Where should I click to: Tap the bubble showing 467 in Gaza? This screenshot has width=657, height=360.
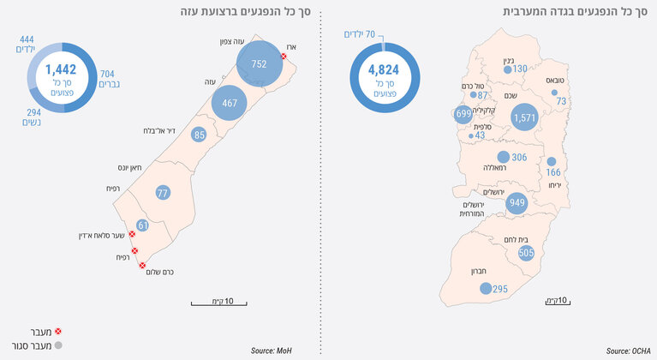click(230, 102)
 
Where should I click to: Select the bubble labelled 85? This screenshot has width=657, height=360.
click(200, 135)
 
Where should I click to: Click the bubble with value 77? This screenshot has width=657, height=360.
click(163, 193)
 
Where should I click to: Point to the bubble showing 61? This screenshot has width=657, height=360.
click(143, 225)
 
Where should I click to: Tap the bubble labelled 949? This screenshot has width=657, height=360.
click(516, 203)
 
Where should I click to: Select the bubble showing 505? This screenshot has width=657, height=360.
click(526, 252)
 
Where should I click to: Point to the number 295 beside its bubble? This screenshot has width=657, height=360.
click(500, 289)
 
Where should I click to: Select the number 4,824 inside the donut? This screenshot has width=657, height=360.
click(383, 69)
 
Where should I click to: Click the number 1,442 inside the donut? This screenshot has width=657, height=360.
click(62, 69)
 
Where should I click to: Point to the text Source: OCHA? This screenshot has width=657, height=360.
click(629, 351)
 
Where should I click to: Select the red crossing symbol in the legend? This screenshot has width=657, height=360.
click(58, 330)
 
